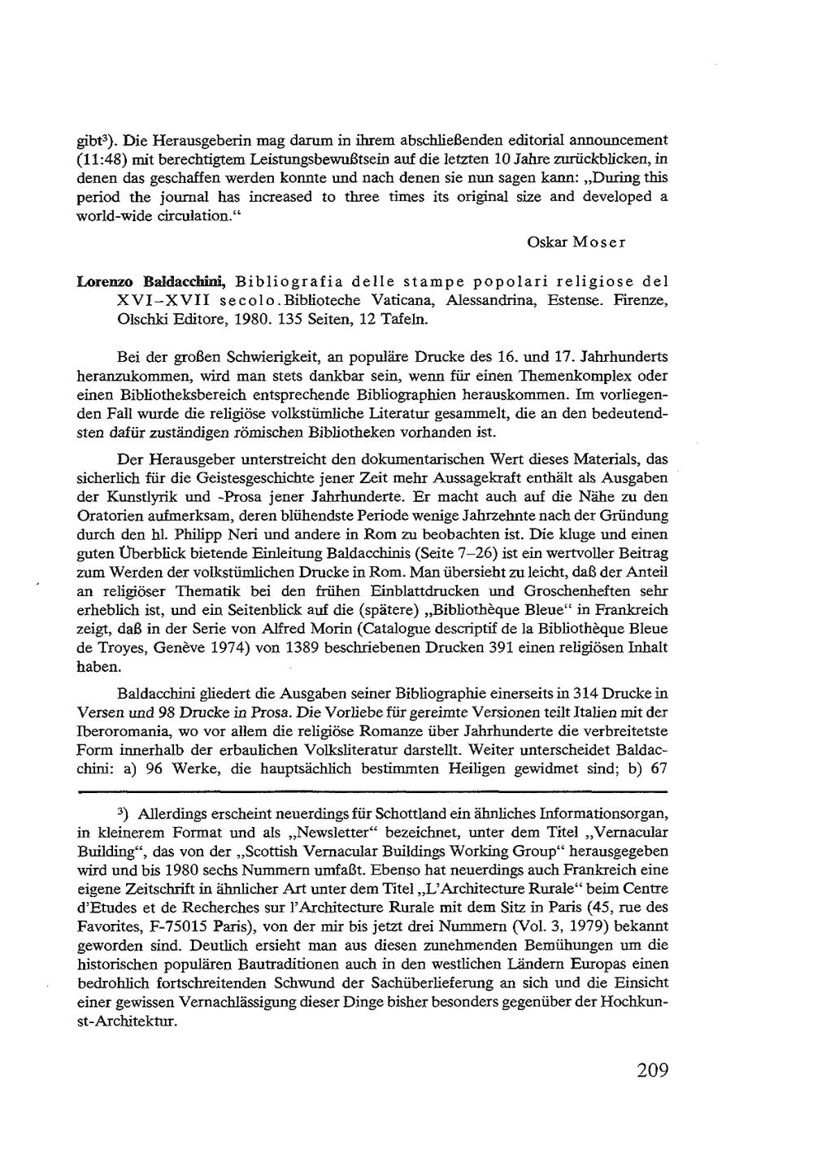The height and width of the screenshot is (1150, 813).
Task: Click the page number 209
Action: click(x=652, y=1070)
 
